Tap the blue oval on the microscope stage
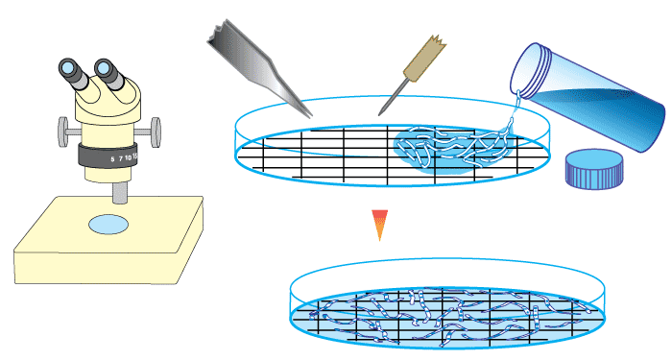pyautogui.click(x=108, y=225)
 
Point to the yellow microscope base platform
pyautogui.click(x=106, y=250)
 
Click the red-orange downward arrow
pyautogui.click(x=381, y=224)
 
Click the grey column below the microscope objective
pyautogui.click(x=119, y=192)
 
